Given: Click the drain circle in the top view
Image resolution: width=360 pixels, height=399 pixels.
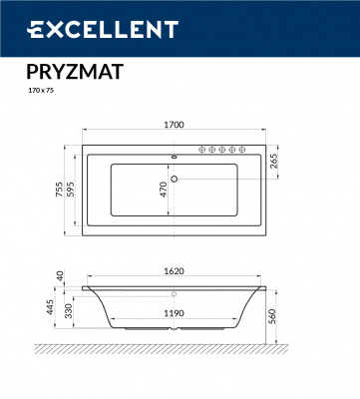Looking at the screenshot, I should point(176,180).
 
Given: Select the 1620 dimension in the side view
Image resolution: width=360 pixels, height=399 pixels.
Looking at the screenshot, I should point(176,270).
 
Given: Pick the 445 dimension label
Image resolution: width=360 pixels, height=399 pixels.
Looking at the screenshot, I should point(49,307).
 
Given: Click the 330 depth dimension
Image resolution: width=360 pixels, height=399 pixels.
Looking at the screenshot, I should point(70,313).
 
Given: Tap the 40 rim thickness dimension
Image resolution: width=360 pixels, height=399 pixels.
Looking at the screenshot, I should point(59,276).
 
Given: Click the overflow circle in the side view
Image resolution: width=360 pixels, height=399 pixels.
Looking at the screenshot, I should point(176,294).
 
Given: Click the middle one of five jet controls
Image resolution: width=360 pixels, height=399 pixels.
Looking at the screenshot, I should point(220,150).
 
